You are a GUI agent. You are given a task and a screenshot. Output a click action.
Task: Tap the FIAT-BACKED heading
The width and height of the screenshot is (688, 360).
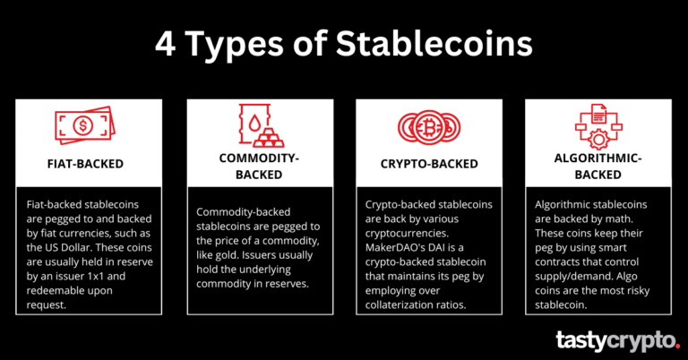pyautogui.click(x=86, y=164)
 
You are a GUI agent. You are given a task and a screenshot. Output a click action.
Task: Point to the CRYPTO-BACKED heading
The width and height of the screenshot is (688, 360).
pyautogui.click(x=429, y=164)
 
